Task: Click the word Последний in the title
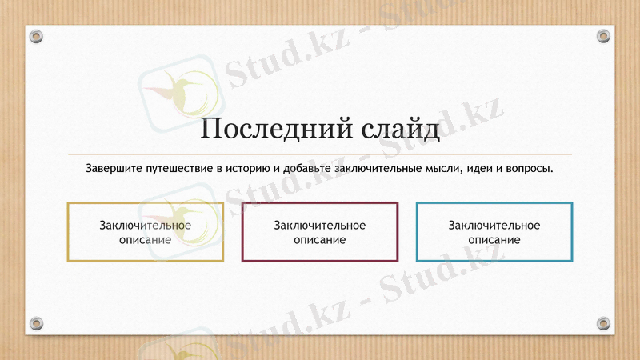[266, 129]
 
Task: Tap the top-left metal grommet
[36, 37]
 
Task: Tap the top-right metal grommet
[604, 37]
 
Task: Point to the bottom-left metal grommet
[36, 323]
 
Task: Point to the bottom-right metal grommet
[604, 323]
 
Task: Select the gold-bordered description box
[145, 232]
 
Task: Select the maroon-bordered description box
[320, 232]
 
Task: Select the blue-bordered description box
[494, 232]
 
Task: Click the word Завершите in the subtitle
[113, 170]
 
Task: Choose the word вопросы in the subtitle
[530, 170]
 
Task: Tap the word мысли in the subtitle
[430, 170]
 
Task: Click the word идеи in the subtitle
[470, 170]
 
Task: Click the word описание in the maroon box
[320, 239]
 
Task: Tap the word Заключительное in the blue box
[494, 226]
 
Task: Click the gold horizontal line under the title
[320, 153]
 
